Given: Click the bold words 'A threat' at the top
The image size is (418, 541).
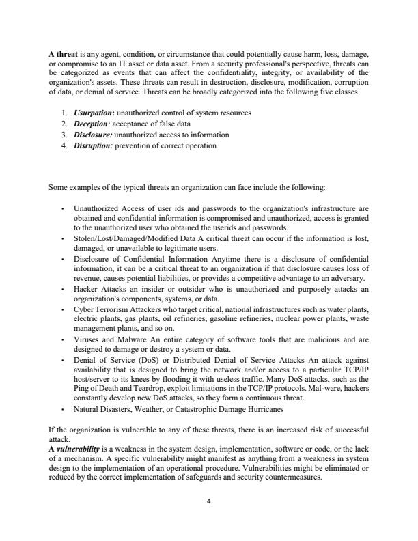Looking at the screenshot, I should coord(63,53).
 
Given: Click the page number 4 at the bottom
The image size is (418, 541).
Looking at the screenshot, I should coord(209,501).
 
